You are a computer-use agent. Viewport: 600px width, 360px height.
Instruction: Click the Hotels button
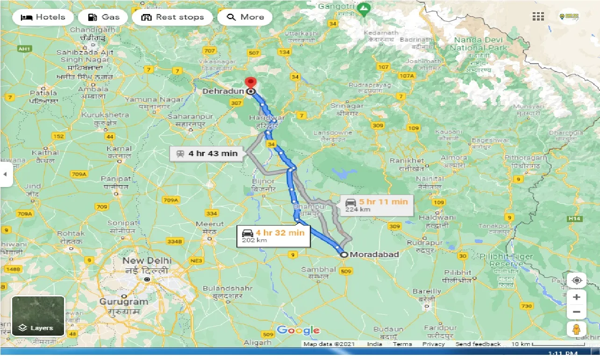[43, 17]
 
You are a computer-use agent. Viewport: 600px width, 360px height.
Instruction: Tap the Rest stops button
[172, 17]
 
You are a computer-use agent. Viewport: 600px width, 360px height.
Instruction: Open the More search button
[246, 17]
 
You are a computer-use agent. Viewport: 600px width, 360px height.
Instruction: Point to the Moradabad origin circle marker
[344, 255]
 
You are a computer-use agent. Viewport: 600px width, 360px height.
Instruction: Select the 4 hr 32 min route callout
[273, 236]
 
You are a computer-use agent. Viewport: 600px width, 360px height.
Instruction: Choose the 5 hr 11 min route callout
[377, 205]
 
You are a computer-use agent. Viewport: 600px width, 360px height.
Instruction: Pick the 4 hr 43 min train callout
[207, 153]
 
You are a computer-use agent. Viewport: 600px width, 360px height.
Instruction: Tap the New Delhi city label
[147, 260]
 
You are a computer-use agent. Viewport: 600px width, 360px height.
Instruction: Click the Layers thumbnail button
[38, 316]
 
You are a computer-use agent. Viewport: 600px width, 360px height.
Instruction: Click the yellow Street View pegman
[577, 329]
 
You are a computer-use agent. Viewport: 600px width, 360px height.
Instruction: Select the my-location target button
[577, 281]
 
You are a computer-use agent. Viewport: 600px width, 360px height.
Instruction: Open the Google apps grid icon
[538, 17]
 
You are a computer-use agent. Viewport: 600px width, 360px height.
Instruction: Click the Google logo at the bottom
[298, 331]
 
